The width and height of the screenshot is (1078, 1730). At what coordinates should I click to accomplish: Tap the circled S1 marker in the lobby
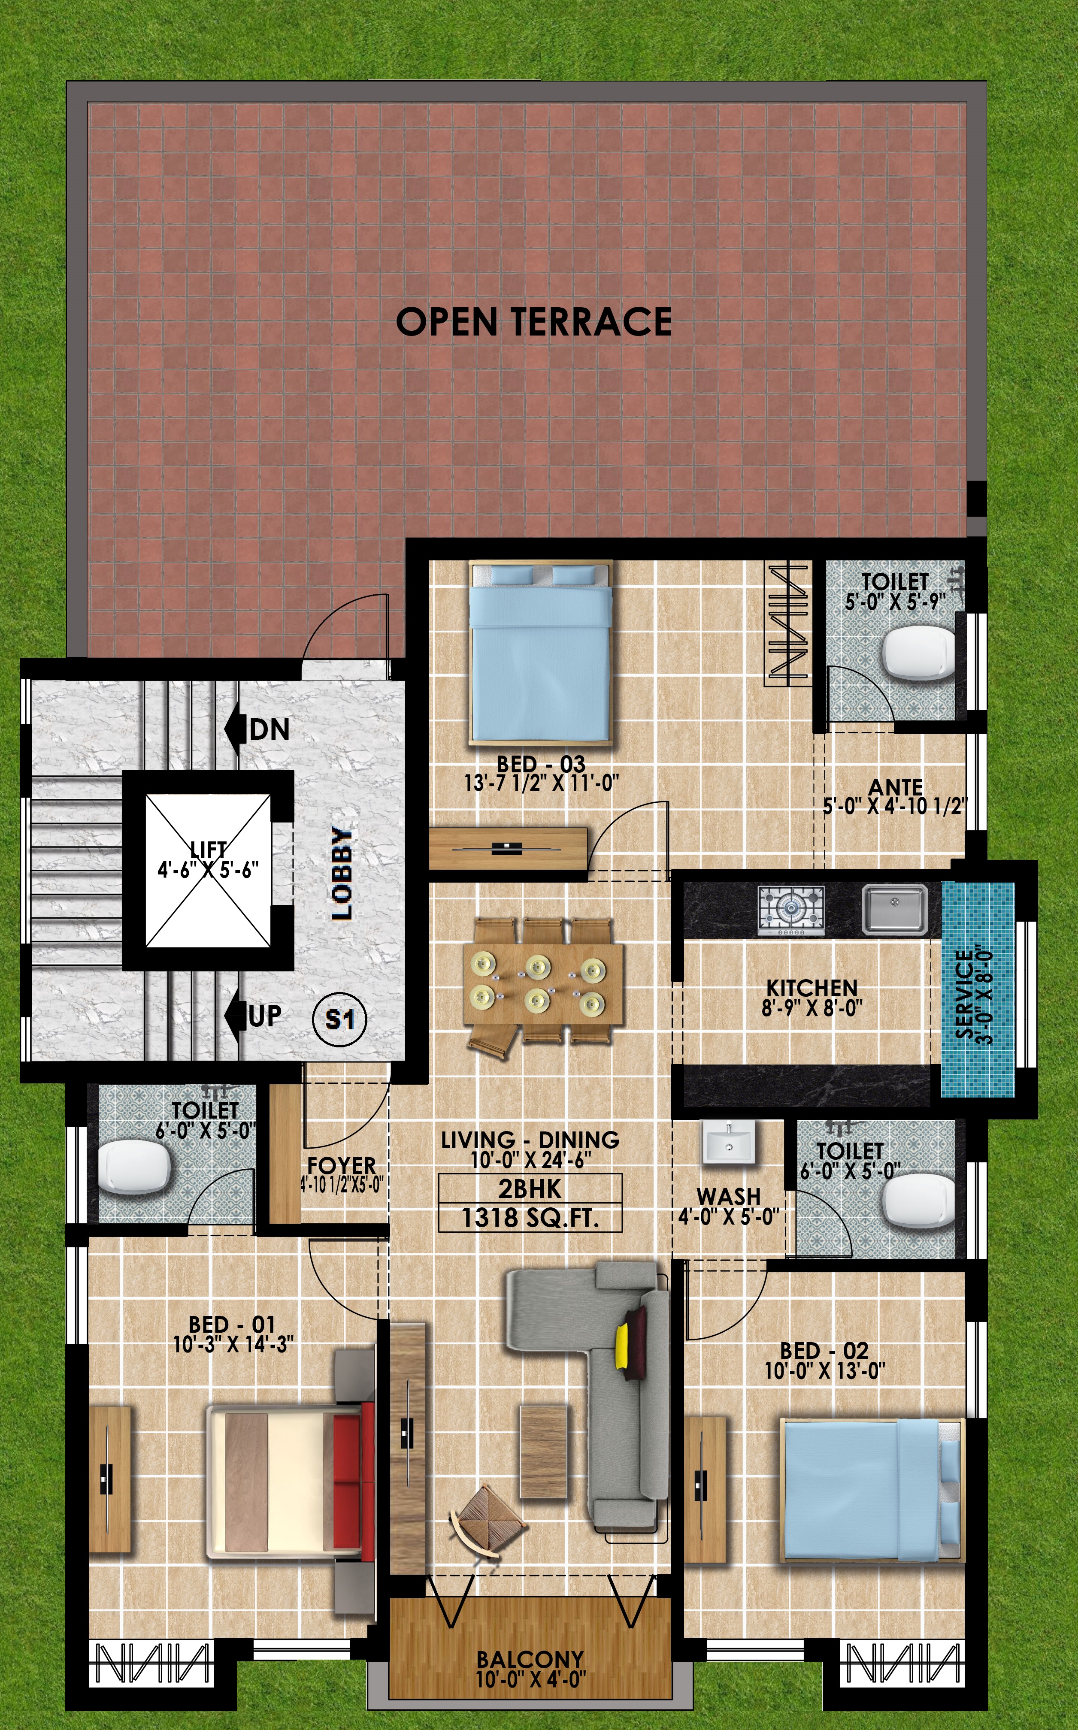click(340, 1019)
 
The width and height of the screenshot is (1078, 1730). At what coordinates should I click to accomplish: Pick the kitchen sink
click(895, 909)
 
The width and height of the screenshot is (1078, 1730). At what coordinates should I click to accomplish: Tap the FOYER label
click(342, 1165)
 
